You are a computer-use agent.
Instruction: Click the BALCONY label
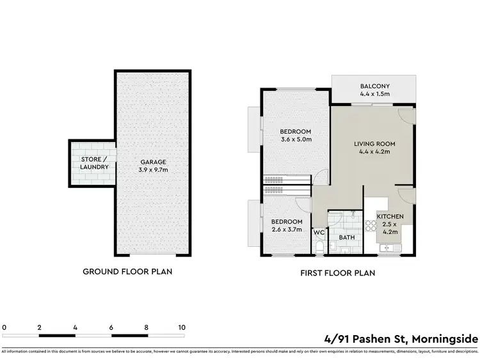(374, 86)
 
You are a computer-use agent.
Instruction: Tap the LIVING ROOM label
(374, 144)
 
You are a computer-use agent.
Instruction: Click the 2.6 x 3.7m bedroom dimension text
(286, 228)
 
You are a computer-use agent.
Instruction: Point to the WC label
(319, 233)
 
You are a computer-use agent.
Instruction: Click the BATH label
(346, 237)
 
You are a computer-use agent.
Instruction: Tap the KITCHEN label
(390, 217)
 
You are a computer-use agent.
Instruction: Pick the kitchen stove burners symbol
(371, 225)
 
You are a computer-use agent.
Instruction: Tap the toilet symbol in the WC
(319, 247)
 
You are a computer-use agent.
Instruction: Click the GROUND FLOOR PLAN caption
(127, 271)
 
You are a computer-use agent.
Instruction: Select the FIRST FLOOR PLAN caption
(337, 272)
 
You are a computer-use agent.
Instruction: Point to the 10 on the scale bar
(182, 327)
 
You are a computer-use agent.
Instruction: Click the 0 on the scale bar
(4, 327)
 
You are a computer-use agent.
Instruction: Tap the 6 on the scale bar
(111, 327)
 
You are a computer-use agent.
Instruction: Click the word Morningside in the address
(445, 338)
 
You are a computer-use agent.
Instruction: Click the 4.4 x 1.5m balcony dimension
(374, 94)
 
